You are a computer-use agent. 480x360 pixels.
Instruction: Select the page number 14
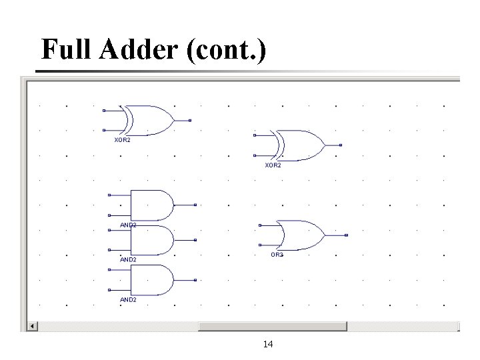tap(268, 344)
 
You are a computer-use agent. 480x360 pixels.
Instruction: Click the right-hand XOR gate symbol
tap(299, 145)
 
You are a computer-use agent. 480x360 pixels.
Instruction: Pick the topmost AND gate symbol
tap(151, 205)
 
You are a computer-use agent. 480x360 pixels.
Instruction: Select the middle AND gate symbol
tap(151, 240)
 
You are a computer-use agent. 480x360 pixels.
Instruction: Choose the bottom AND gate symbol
tap(151, 280)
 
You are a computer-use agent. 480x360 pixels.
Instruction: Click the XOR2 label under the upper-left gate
tap(123, 140)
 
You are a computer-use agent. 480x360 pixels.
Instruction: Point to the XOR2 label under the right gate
tap(273, 165)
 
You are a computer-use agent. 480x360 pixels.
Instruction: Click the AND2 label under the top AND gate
tap(128, 225)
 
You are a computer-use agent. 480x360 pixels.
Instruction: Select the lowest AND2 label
tap(128, 300)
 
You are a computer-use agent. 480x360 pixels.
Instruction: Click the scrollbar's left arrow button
tap(32, 326)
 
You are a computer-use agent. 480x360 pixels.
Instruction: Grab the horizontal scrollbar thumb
tap(273, 326)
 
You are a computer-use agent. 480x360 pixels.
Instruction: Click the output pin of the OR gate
tap(347, 235)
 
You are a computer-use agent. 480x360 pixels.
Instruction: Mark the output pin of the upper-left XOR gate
tap(190, 120)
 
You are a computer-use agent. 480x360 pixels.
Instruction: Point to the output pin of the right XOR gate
tap(341, 145)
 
